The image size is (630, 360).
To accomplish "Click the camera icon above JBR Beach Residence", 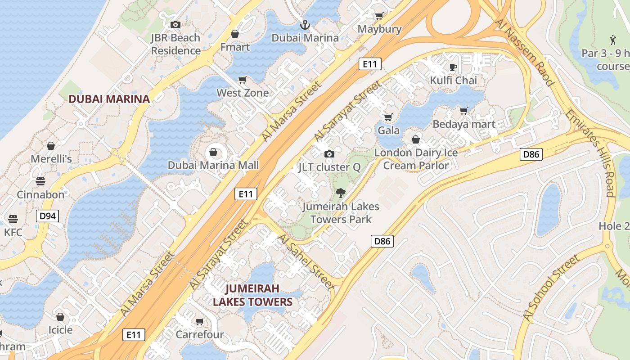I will (175, 24).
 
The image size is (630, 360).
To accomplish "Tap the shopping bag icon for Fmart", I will (234, 34).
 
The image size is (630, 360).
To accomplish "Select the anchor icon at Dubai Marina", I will (305, 24).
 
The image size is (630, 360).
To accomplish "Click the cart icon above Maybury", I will (379, 16).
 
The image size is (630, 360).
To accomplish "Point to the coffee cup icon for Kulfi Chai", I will (453, 67).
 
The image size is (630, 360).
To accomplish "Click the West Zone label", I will (243, 93).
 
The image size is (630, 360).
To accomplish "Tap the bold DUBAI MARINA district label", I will (109, 99).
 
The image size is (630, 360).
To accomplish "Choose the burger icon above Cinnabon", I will (40, 181).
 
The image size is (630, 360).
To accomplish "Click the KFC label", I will (13, 232).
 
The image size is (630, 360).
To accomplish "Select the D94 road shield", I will (48, 216).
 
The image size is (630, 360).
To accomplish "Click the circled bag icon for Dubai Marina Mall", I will (213, 153).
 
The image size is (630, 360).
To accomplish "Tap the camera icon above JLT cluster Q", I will (329, 154).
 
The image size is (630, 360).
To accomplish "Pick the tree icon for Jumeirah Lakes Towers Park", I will (341, 193).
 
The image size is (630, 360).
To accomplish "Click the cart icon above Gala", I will (388, 117).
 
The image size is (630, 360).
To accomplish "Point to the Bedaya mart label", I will (464, 124).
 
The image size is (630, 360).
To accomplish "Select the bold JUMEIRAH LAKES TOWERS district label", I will (252, 295).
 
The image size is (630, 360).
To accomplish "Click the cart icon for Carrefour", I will (199, 321).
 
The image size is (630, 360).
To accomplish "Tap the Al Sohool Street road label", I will (551, 288).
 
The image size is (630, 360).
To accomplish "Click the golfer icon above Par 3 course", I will (613, 40).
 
